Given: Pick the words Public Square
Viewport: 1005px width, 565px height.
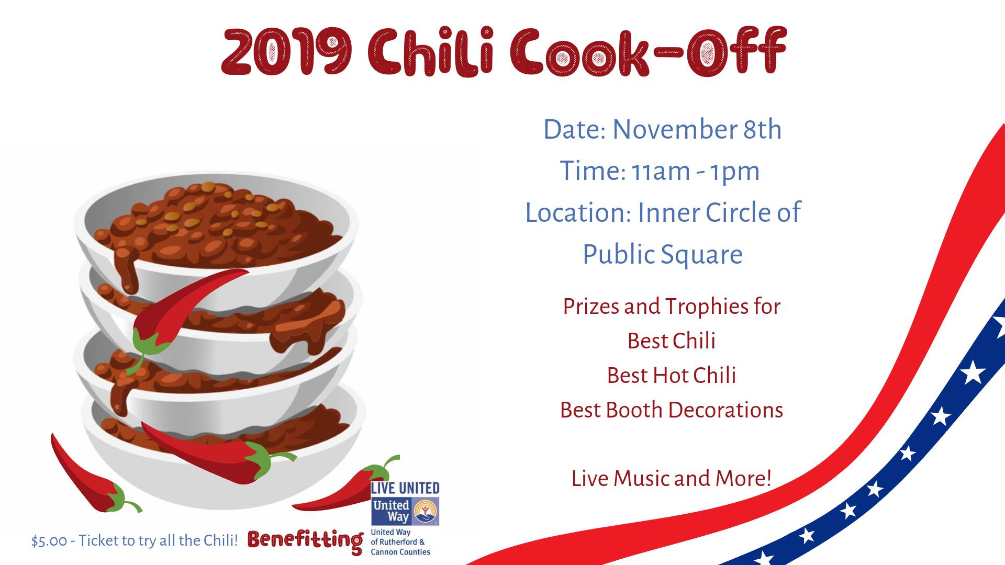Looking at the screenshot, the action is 663,255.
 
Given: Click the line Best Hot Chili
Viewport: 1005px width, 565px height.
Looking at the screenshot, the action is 672,376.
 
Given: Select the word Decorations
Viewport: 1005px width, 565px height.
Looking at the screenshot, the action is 726,410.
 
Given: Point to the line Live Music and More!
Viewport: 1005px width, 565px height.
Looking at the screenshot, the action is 672,479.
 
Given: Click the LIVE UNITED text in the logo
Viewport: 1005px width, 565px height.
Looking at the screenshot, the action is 405,489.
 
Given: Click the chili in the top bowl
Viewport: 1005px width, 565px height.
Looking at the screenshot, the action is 220,222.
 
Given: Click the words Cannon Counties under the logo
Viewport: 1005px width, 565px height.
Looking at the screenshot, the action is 400,552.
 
